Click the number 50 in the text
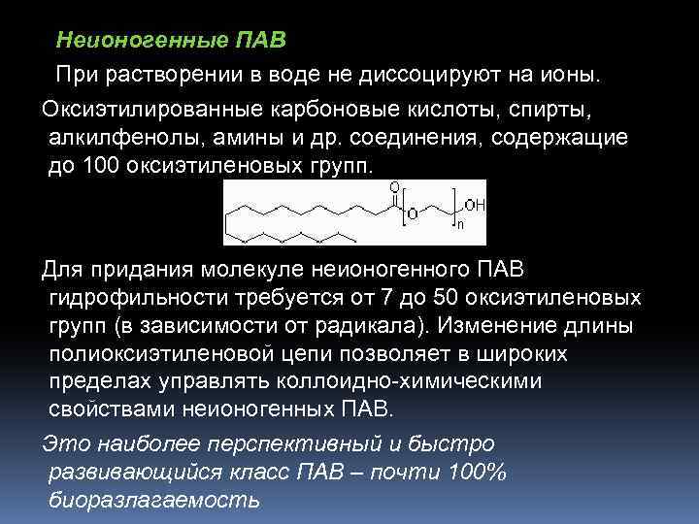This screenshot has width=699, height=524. pyautogui.click(x=469, y=295)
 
